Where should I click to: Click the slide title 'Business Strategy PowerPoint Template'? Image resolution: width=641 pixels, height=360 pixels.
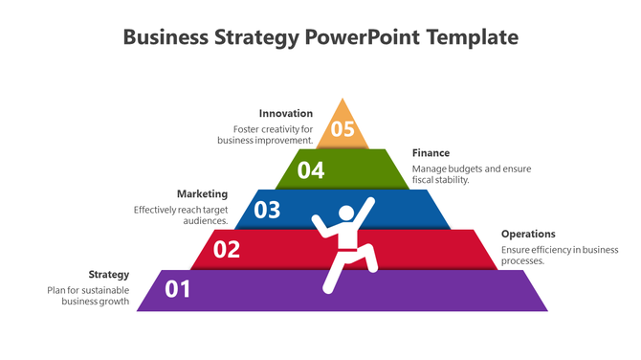320,38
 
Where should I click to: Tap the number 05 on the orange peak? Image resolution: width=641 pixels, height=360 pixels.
342,129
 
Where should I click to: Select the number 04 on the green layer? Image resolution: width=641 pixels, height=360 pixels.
311,170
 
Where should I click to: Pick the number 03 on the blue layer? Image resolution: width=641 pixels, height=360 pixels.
267,210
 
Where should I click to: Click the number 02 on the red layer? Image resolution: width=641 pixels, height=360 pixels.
226,250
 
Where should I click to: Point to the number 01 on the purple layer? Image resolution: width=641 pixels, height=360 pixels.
178,289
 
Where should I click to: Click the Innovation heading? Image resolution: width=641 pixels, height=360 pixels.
286,114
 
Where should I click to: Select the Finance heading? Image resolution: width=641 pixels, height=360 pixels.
431,153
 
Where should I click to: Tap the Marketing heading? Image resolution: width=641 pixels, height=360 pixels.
202,193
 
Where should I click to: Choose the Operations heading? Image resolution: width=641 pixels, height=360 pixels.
528,234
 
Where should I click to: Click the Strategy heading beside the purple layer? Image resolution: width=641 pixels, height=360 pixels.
109,274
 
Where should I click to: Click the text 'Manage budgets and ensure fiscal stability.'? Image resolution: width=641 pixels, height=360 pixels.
472,174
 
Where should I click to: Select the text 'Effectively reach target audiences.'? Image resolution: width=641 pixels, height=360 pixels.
180,214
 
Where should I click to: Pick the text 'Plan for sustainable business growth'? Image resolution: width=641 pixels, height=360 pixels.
88,295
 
